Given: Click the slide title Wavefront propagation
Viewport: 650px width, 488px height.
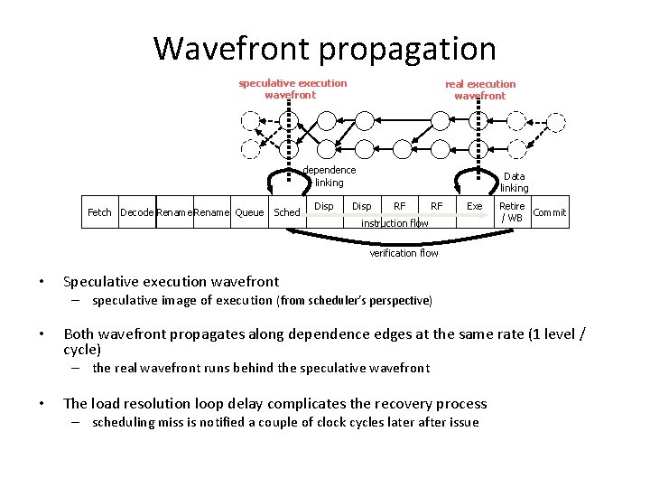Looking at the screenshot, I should [x=325, y=48].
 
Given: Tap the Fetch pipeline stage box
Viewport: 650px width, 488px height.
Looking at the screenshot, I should [x=99, y=212].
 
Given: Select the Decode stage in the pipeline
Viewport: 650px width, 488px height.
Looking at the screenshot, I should [x=136, y=212].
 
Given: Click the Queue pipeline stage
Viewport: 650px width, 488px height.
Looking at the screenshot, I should [x=249, y=212].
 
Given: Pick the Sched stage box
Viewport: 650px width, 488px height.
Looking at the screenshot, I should [x=286, y=212].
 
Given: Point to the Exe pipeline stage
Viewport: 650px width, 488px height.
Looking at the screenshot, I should [x=474, y=207].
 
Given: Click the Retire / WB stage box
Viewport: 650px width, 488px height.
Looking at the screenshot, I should [x=512, y=211].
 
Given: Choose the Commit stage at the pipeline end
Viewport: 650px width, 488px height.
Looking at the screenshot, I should [x=550, y=212].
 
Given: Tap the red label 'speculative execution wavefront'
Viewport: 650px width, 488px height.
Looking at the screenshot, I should [x=292, y=89].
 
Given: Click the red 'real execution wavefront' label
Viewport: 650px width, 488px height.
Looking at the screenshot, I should [x=480, y=89].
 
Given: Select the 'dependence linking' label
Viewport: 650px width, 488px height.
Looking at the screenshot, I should [x=329, y=176].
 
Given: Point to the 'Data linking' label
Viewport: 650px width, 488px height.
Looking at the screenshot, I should [x=514, y=183].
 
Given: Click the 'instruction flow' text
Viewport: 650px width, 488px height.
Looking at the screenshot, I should [x=395, y=223].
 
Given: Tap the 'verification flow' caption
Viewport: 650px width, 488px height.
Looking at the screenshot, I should [x=404, y=253].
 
